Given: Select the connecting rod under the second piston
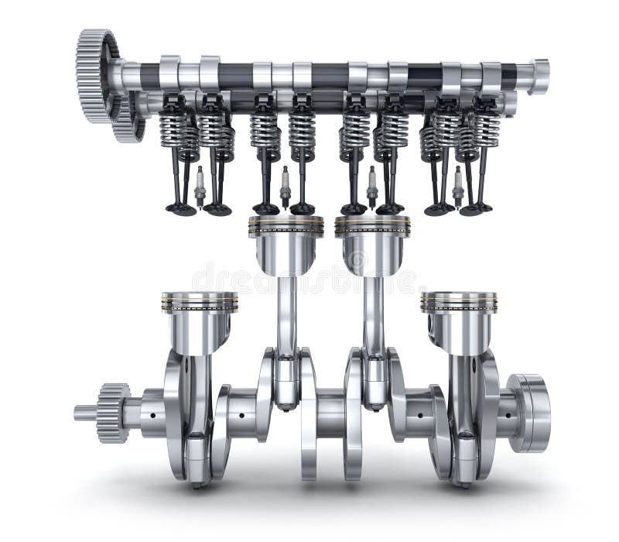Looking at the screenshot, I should (286, 317).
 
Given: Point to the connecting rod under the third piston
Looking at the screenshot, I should (374, 317).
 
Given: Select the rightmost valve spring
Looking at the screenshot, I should (487, 128).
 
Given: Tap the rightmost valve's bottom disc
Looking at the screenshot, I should (481, 207).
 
